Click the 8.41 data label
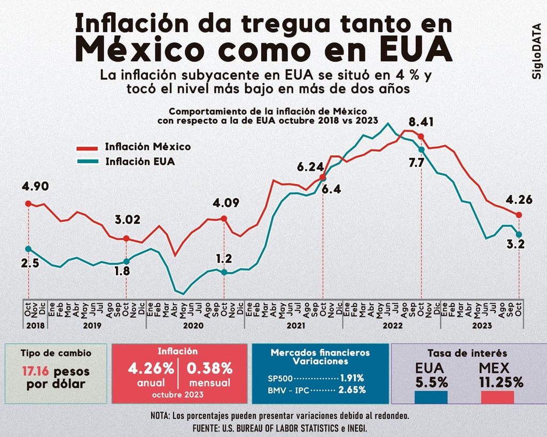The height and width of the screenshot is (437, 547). click(421, 122)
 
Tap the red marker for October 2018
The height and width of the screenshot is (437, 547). click(28, 203)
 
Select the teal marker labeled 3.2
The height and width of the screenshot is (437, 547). click(519, 234)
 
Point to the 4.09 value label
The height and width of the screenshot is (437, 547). click(226, 203)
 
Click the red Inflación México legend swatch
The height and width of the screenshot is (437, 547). click(87, 148)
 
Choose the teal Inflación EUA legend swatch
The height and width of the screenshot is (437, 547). click(87, 162)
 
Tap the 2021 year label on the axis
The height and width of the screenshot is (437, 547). click(295, 325)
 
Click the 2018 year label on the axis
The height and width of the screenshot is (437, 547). click(36, 325)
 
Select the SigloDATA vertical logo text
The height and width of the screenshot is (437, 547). click(537, 51)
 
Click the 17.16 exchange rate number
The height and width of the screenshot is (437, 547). click(36, 371)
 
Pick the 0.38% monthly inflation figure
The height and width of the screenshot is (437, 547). click(209, 368)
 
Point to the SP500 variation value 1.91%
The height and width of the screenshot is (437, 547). click(352, 378)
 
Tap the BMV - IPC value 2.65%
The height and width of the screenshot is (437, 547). click(352, 390)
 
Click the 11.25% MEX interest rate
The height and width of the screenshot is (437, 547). click(501, 382)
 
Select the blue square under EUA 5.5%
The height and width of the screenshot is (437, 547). click(431, 398)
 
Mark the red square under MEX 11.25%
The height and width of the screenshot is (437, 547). click(497, 398)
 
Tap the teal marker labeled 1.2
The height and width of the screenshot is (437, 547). click(224, 272)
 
